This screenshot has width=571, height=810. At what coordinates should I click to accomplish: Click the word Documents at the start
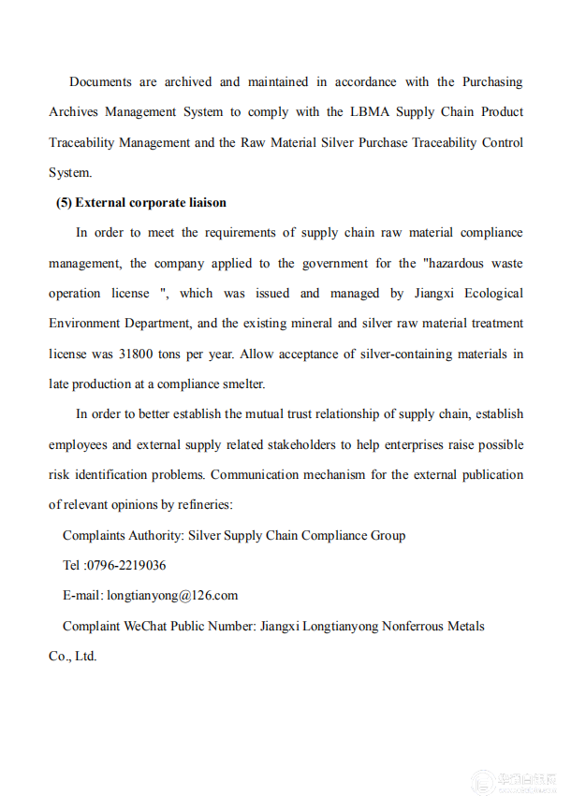tap(100, 82)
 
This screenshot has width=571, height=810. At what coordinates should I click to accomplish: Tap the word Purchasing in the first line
tap(492, 82)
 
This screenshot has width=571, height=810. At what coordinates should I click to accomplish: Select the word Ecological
tap(490, 294)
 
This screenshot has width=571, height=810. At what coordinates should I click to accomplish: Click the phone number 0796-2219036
tap(126, 565)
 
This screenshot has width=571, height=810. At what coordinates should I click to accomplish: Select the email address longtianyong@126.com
tap(172, 595)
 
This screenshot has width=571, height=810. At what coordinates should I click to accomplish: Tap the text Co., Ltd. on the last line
tap(73, 656)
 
